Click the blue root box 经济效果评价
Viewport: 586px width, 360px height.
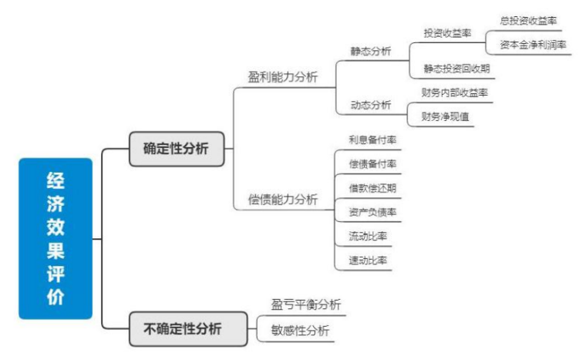click(x=56, y=238)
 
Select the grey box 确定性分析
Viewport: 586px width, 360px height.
click(x=176, y=149)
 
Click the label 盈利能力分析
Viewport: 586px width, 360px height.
click(x=283, y=77)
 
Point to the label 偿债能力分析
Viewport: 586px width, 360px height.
click(x=283, y=199)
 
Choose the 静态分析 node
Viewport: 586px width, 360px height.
click(x=370, y=52)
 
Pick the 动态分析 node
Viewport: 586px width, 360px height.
click(x=370, y=105)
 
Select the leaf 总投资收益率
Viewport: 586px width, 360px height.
click(x=528, y=20)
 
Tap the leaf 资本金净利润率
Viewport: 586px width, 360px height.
click(x=533, y=45)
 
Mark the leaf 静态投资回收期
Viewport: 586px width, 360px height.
click(x=456, y=69)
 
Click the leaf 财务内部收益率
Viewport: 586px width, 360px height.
click(x=454, y=93)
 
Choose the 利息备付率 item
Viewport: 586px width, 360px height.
click(x=372, y=140)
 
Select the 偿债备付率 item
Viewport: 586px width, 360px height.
click(x=372, y=163)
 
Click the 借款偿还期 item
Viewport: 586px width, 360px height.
click(x=372, y=187)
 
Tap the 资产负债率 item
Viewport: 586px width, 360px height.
click(x=372, y=211)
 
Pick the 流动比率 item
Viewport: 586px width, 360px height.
click(x=367, y=235)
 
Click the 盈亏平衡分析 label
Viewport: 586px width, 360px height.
click(x=305, y=305)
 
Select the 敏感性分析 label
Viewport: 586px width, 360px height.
click(x=300, y=331)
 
